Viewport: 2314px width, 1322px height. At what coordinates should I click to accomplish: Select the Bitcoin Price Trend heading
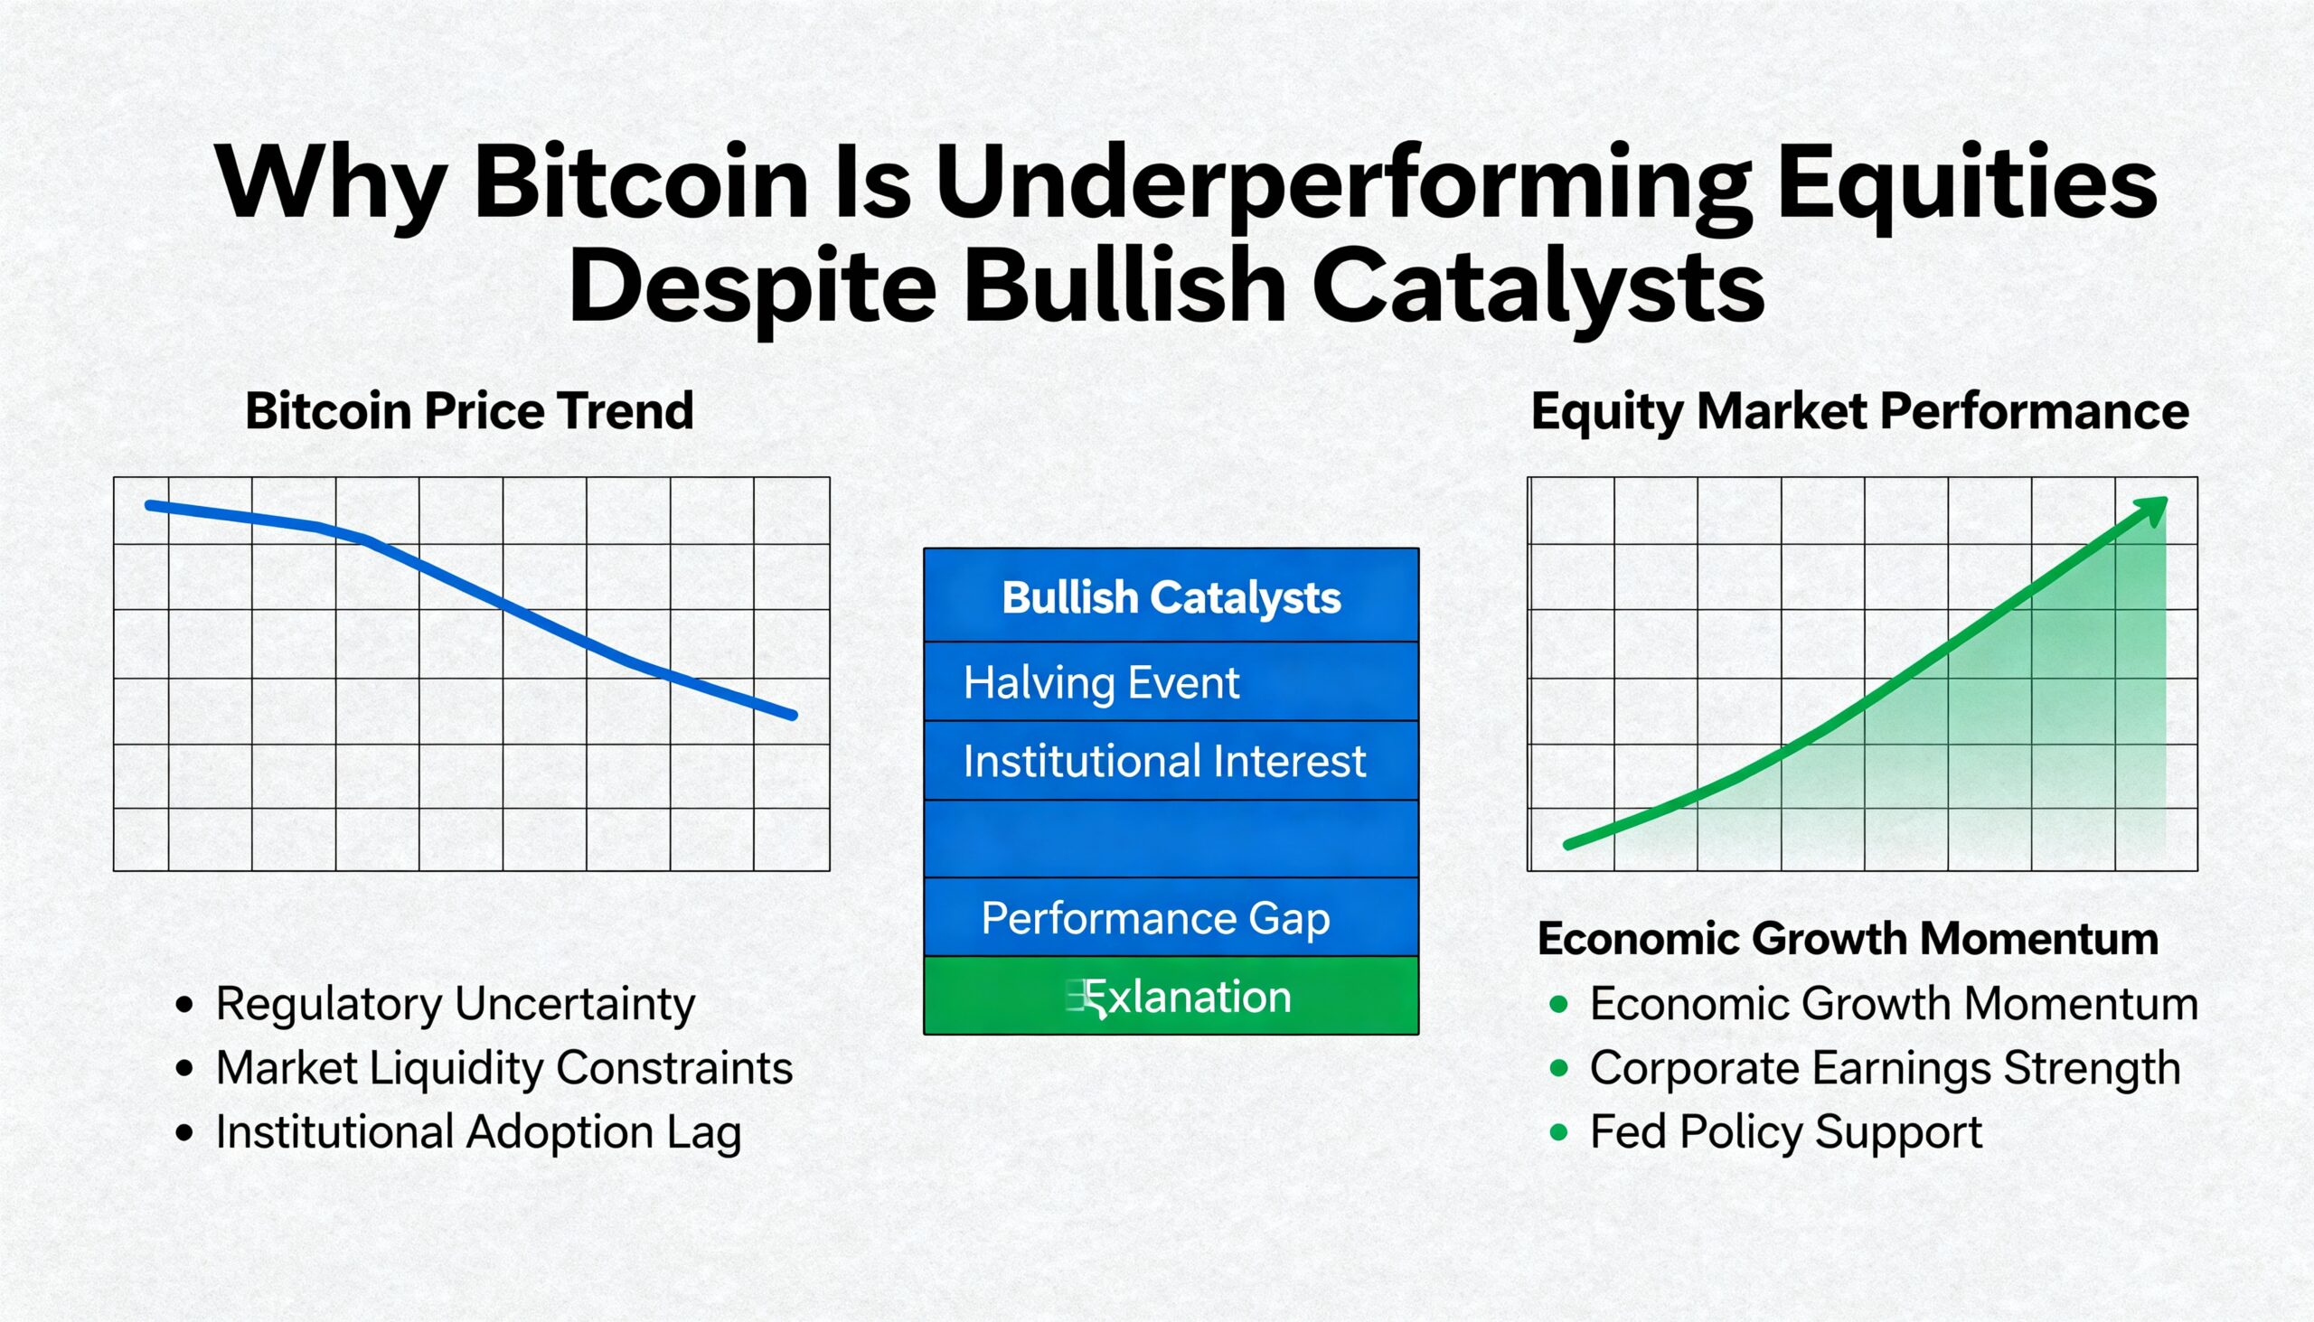point(469,410)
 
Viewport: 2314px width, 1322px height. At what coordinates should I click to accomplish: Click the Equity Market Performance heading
point(1860,411)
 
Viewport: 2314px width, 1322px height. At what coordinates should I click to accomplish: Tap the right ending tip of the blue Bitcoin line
point(793,716)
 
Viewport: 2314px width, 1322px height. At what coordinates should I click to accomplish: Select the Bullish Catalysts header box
point(1171,596)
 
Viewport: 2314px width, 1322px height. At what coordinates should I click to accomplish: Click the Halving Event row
point(1171,682)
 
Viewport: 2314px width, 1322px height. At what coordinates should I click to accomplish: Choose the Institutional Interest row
point(1171,761)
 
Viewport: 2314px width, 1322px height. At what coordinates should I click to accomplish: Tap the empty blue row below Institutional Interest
point(1171,839)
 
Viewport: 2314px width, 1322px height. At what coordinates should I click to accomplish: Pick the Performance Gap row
point(1171,918)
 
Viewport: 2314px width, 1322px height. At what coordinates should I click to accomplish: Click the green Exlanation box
point(1171,997)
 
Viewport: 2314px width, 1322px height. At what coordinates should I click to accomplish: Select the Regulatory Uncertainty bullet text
point(455,1004)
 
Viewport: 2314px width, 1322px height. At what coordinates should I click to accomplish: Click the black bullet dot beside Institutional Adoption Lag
point(185,1132)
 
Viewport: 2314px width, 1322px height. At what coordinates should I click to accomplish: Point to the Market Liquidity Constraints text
point(504,1068)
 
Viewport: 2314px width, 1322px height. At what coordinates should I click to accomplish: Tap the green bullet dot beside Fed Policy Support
point(1559,1132)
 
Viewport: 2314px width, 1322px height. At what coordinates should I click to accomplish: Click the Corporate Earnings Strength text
point(1885,1068)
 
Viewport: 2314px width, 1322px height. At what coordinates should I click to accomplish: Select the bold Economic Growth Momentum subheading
point(1848,938)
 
